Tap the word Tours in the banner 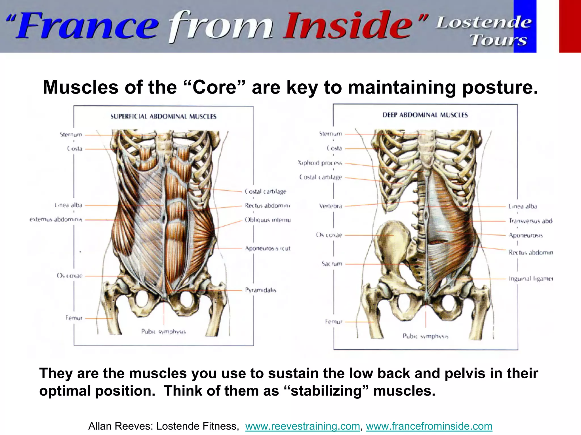[498, 40]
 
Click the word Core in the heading [215, 87]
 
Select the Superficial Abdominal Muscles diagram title [163, 117]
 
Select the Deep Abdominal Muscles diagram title [425, 115]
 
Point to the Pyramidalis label [260, 290]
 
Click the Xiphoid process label [320, 163]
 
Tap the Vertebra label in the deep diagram [331, 206]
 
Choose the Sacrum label [332, 264]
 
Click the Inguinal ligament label [531, 279]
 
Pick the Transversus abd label [531, 221]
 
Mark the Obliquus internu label [268, 220]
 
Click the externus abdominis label [56, 219]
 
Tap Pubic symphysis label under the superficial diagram [163, 332]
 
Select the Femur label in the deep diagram [334, 322]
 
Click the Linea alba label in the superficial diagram [68, 205]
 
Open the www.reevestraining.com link [302, 426]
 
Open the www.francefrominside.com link [429, 426]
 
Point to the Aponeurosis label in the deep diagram [526, 235]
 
